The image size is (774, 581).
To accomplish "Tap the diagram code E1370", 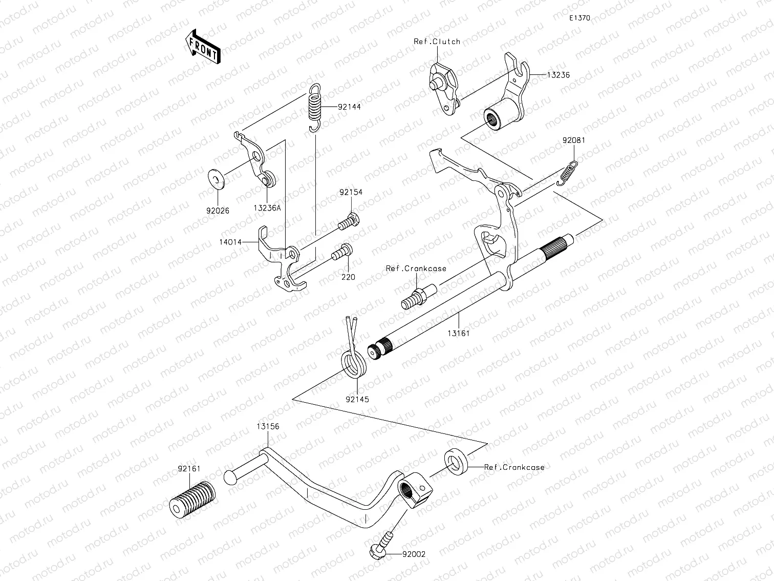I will click(580, 18).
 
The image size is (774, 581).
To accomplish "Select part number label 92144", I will click(350, 107).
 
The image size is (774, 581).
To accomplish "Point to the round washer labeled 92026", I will click(215, 180).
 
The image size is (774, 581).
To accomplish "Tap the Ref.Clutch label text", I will click(437, 42).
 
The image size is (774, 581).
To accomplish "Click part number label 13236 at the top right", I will click(558, 75).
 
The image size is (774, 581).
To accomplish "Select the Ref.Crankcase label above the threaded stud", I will click(416, 268).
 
